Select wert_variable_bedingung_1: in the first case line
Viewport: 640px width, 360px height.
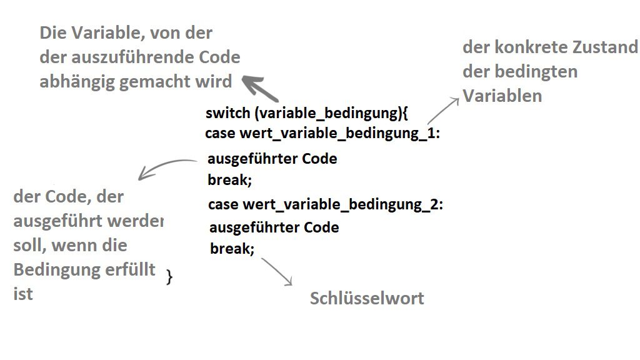point(340,134)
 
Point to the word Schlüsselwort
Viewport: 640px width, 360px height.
point(367,299)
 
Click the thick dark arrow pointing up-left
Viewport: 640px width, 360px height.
point(261,88)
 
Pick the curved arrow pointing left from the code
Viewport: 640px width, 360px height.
point(166,167)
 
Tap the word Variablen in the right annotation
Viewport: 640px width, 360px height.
point(502,96)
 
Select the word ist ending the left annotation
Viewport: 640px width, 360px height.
point(23,294)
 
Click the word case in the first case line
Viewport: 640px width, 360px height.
point(220,134)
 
